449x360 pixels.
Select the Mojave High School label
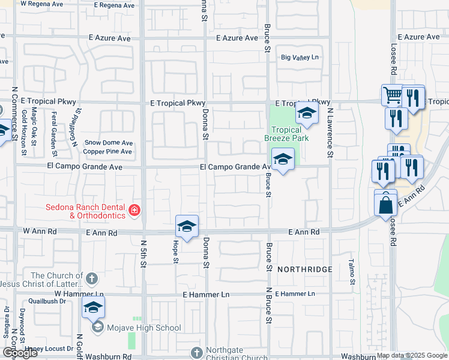pos(143,328)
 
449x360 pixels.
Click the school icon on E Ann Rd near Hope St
pos(187,226)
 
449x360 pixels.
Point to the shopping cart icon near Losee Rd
pos(391,95)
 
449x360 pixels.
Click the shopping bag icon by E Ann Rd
pos(385,205)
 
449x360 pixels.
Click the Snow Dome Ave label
pos(109,143)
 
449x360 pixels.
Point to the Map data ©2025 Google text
pos(412,355)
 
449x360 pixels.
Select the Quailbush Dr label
pos(42,302)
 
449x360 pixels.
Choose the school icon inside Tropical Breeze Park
pos(307,112)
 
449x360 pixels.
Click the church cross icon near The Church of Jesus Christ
pos(91,278)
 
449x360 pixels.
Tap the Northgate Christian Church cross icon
pos(196,352)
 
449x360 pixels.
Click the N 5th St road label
pos(143,253)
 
